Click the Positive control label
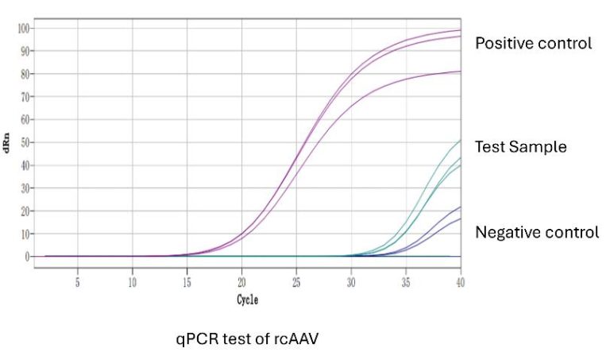(x=533, y=43)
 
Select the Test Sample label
(x=520, y=147)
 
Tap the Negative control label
(x=537, y=232)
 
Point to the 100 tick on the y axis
(x=23, y=29)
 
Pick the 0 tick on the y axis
(x=27, y=257)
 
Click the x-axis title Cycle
(x=247, y=300)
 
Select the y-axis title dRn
(x=7, y=143)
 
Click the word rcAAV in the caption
(x=296, y=339)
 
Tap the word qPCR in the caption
(x=196, y=339)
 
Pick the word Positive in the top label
(x=503, y=43)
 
